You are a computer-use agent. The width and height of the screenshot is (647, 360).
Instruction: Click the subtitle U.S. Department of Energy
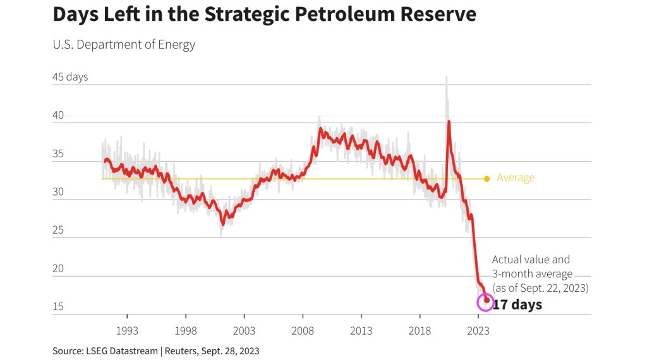tap(124, 44)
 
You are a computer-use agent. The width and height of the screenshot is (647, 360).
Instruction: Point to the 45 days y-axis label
tap(70, 77)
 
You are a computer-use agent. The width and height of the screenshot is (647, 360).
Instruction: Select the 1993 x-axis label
tap(127, 330)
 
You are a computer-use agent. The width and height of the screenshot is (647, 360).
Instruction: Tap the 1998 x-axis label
tap(186, 330)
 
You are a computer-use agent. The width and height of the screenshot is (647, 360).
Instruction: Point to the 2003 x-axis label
tap(244, 330)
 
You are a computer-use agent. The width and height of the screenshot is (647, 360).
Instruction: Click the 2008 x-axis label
tap(303, 330)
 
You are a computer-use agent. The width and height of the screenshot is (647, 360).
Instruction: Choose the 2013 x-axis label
tap(361, 330)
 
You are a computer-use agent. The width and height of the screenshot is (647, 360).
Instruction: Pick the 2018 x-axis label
tap(420, 330)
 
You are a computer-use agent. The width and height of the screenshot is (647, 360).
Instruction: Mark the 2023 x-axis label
tap(478, 330)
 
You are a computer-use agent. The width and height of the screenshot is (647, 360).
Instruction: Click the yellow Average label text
tap(516, 178)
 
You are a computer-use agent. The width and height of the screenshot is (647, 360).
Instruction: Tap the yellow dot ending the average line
tap(487, 179)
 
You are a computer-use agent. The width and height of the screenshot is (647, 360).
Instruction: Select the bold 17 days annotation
tap(517, 305)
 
